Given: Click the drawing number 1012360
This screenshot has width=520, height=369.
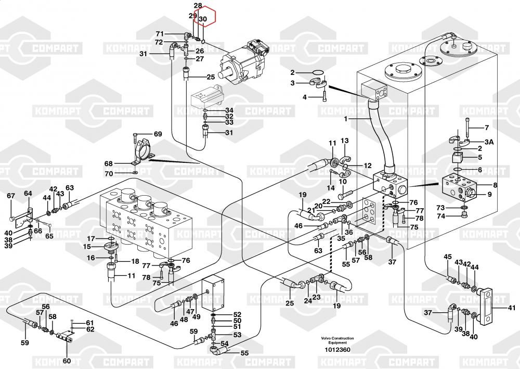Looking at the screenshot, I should tap(337, 349).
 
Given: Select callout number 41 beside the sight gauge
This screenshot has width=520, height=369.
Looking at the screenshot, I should tap(511, 308).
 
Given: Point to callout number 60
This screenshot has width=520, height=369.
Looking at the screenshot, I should tap(66, 361).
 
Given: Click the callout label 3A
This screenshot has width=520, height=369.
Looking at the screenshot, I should tap(489, 142).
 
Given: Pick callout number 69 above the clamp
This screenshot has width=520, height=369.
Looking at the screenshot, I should tap(158, 134).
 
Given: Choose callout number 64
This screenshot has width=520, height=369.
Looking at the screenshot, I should tap(28, 194).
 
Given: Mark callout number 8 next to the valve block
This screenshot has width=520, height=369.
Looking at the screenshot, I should tap(495, 185).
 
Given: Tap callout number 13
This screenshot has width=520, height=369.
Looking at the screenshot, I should tap(344, 141).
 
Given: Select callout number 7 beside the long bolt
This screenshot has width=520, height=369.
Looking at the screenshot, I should tap(487, 128).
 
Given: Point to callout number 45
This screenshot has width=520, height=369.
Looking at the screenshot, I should tap(448, 257).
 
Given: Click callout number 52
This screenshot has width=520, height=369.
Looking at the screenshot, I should tap(237, 314).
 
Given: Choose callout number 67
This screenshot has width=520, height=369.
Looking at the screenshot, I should tap(10, 196).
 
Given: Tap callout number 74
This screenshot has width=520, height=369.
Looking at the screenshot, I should tap(440, 216).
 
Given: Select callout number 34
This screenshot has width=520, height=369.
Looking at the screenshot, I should tap(229, 110).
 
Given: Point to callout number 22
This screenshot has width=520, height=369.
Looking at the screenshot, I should tap(326, 201).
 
